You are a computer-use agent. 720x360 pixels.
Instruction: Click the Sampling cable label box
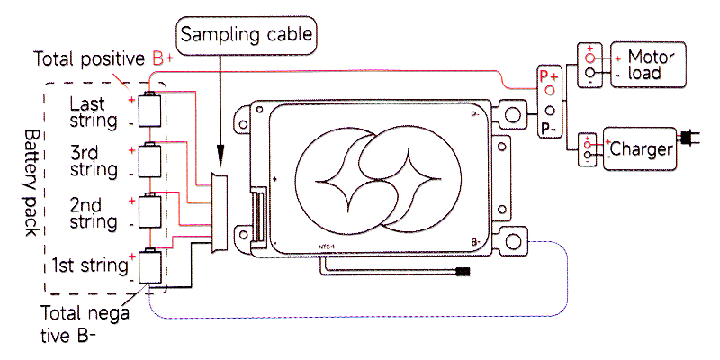pyautogui.click(x=247, y=35)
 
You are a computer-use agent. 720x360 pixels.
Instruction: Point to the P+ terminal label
pyautogui.click(x=549, y=77)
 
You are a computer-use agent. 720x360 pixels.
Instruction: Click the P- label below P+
pyautogui.click(x=548, y=128)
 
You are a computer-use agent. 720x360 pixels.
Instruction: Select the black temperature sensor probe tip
pyautogui.click(x=464, y=271)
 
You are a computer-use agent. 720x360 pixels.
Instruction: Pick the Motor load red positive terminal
pyautogui.click(x=590, y=58)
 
